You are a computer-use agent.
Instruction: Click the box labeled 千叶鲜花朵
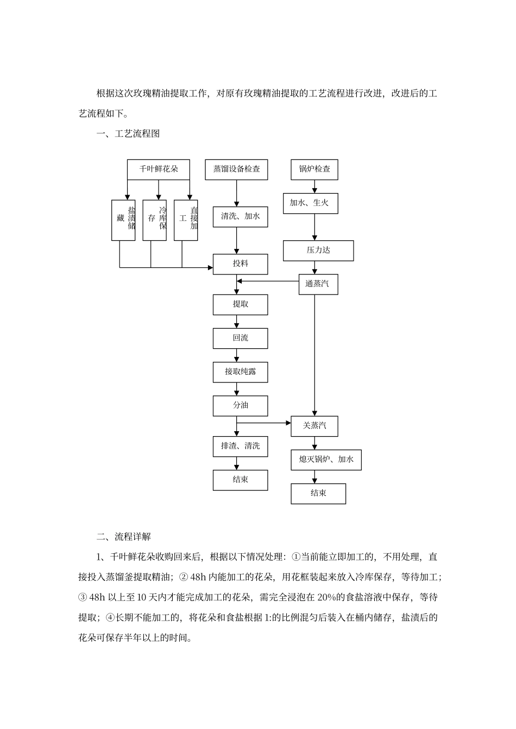159,169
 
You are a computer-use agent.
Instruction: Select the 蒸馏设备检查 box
236,169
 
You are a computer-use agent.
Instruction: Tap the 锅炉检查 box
314,169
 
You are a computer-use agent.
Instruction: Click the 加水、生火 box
310,203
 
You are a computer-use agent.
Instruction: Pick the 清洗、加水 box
240,216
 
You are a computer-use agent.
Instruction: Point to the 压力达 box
318,251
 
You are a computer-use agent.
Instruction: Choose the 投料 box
240,264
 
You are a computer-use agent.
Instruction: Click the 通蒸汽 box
318,284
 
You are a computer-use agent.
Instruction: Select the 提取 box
240,305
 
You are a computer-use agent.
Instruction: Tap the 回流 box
240,338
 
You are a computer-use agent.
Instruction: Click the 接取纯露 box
240,372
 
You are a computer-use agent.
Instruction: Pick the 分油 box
240,406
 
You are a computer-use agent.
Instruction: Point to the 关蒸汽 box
314,426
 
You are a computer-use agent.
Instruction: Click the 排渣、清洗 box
240,446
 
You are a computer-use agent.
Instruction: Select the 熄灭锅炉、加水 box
326,460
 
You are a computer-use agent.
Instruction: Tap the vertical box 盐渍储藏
123,220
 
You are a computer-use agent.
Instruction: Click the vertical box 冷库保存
155,220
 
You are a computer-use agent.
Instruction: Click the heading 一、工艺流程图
128,133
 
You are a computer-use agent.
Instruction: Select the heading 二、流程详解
124,537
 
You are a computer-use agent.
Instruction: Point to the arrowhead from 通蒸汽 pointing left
240,281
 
